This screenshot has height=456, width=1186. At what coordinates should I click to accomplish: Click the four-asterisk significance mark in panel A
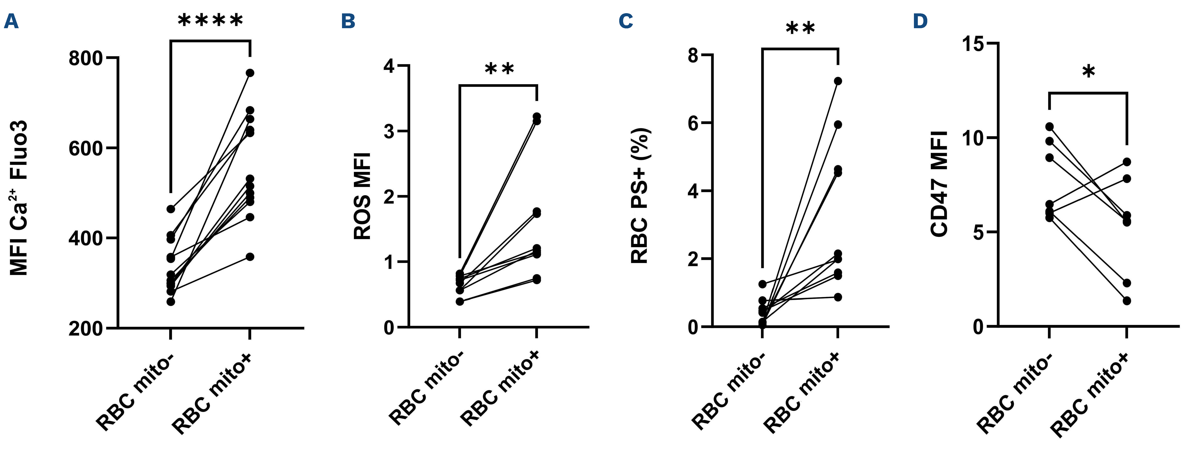[x=210, y=21]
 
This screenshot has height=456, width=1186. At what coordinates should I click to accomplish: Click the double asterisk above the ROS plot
[x=499, y=70]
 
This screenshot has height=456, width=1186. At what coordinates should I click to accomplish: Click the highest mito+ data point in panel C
[x=838, y=81]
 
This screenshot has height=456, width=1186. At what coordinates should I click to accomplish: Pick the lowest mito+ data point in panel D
[x=1127, y=301]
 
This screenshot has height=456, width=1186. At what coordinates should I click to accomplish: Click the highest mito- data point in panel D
[x=1049, y=126]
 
